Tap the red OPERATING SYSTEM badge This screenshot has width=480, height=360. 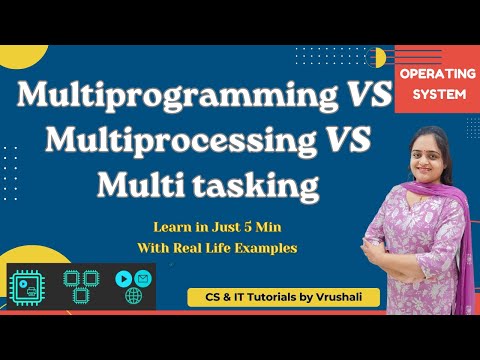point(437,83)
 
